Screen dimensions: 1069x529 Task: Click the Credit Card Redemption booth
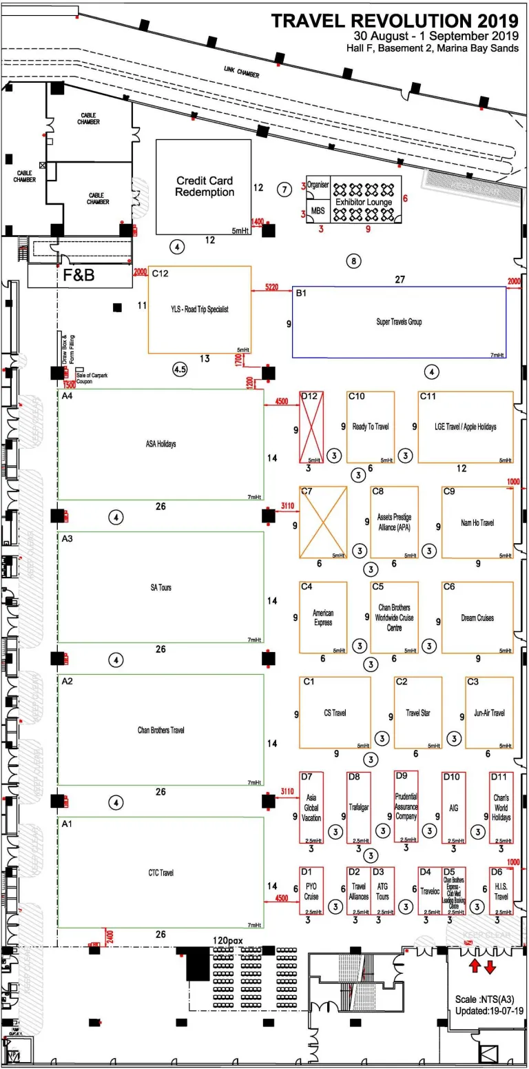204,187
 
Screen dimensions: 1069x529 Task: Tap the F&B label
79,276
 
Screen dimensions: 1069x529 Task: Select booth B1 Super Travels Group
399,322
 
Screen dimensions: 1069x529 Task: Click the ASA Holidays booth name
160,444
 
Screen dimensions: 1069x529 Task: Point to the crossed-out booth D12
312,427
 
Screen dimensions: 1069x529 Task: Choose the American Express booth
322,618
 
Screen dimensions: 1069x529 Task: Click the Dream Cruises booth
477,618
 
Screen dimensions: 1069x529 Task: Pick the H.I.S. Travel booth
501,891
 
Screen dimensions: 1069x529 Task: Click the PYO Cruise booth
311,891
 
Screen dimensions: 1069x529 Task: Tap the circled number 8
353,261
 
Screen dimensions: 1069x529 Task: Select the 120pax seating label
229,941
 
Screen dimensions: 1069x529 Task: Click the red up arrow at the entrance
475,966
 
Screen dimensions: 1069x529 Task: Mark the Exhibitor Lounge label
364,202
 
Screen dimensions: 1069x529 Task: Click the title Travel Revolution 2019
395,21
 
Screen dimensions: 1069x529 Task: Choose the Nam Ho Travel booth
477,522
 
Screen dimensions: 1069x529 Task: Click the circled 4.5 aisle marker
180,370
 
